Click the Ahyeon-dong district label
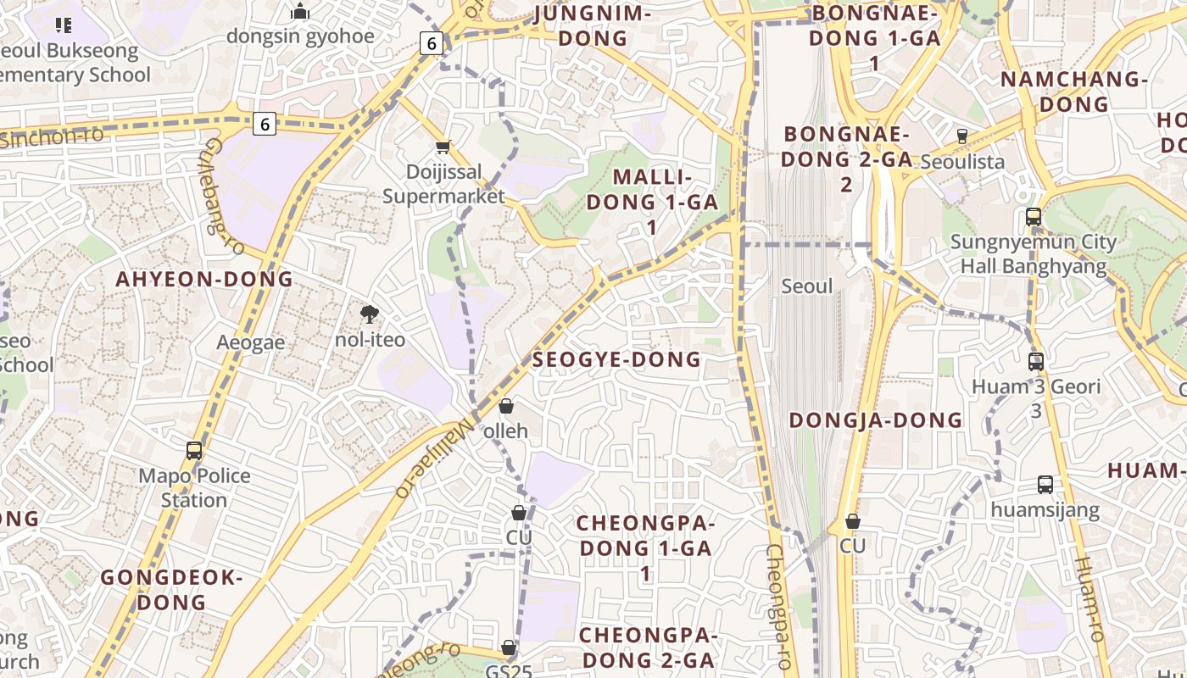pos(204,279)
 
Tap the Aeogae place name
pos(250,342)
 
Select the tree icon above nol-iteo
pos(370,314)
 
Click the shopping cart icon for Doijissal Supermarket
pos(443,147)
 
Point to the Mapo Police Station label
pos(194,487)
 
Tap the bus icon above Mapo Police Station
pos(194,451)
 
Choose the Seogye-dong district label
pos(616,359)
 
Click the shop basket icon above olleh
pos(506,407)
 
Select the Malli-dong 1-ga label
pos(652,202)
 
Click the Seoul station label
pos(807,286)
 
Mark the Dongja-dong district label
pos(876,420)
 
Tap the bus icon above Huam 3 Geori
pos(1035,362)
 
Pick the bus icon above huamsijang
pos(1045,486)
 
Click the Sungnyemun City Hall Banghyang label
pos(1033,253)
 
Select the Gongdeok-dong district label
pos(171,590)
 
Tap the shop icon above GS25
pos(509,648)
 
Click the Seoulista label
pos(962,161)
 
